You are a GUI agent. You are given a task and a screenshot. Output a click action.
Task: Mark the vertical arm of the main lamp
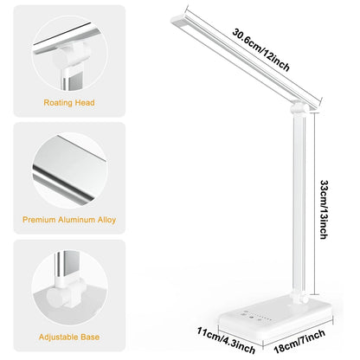pyautogui.click(x=304, y=208)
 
